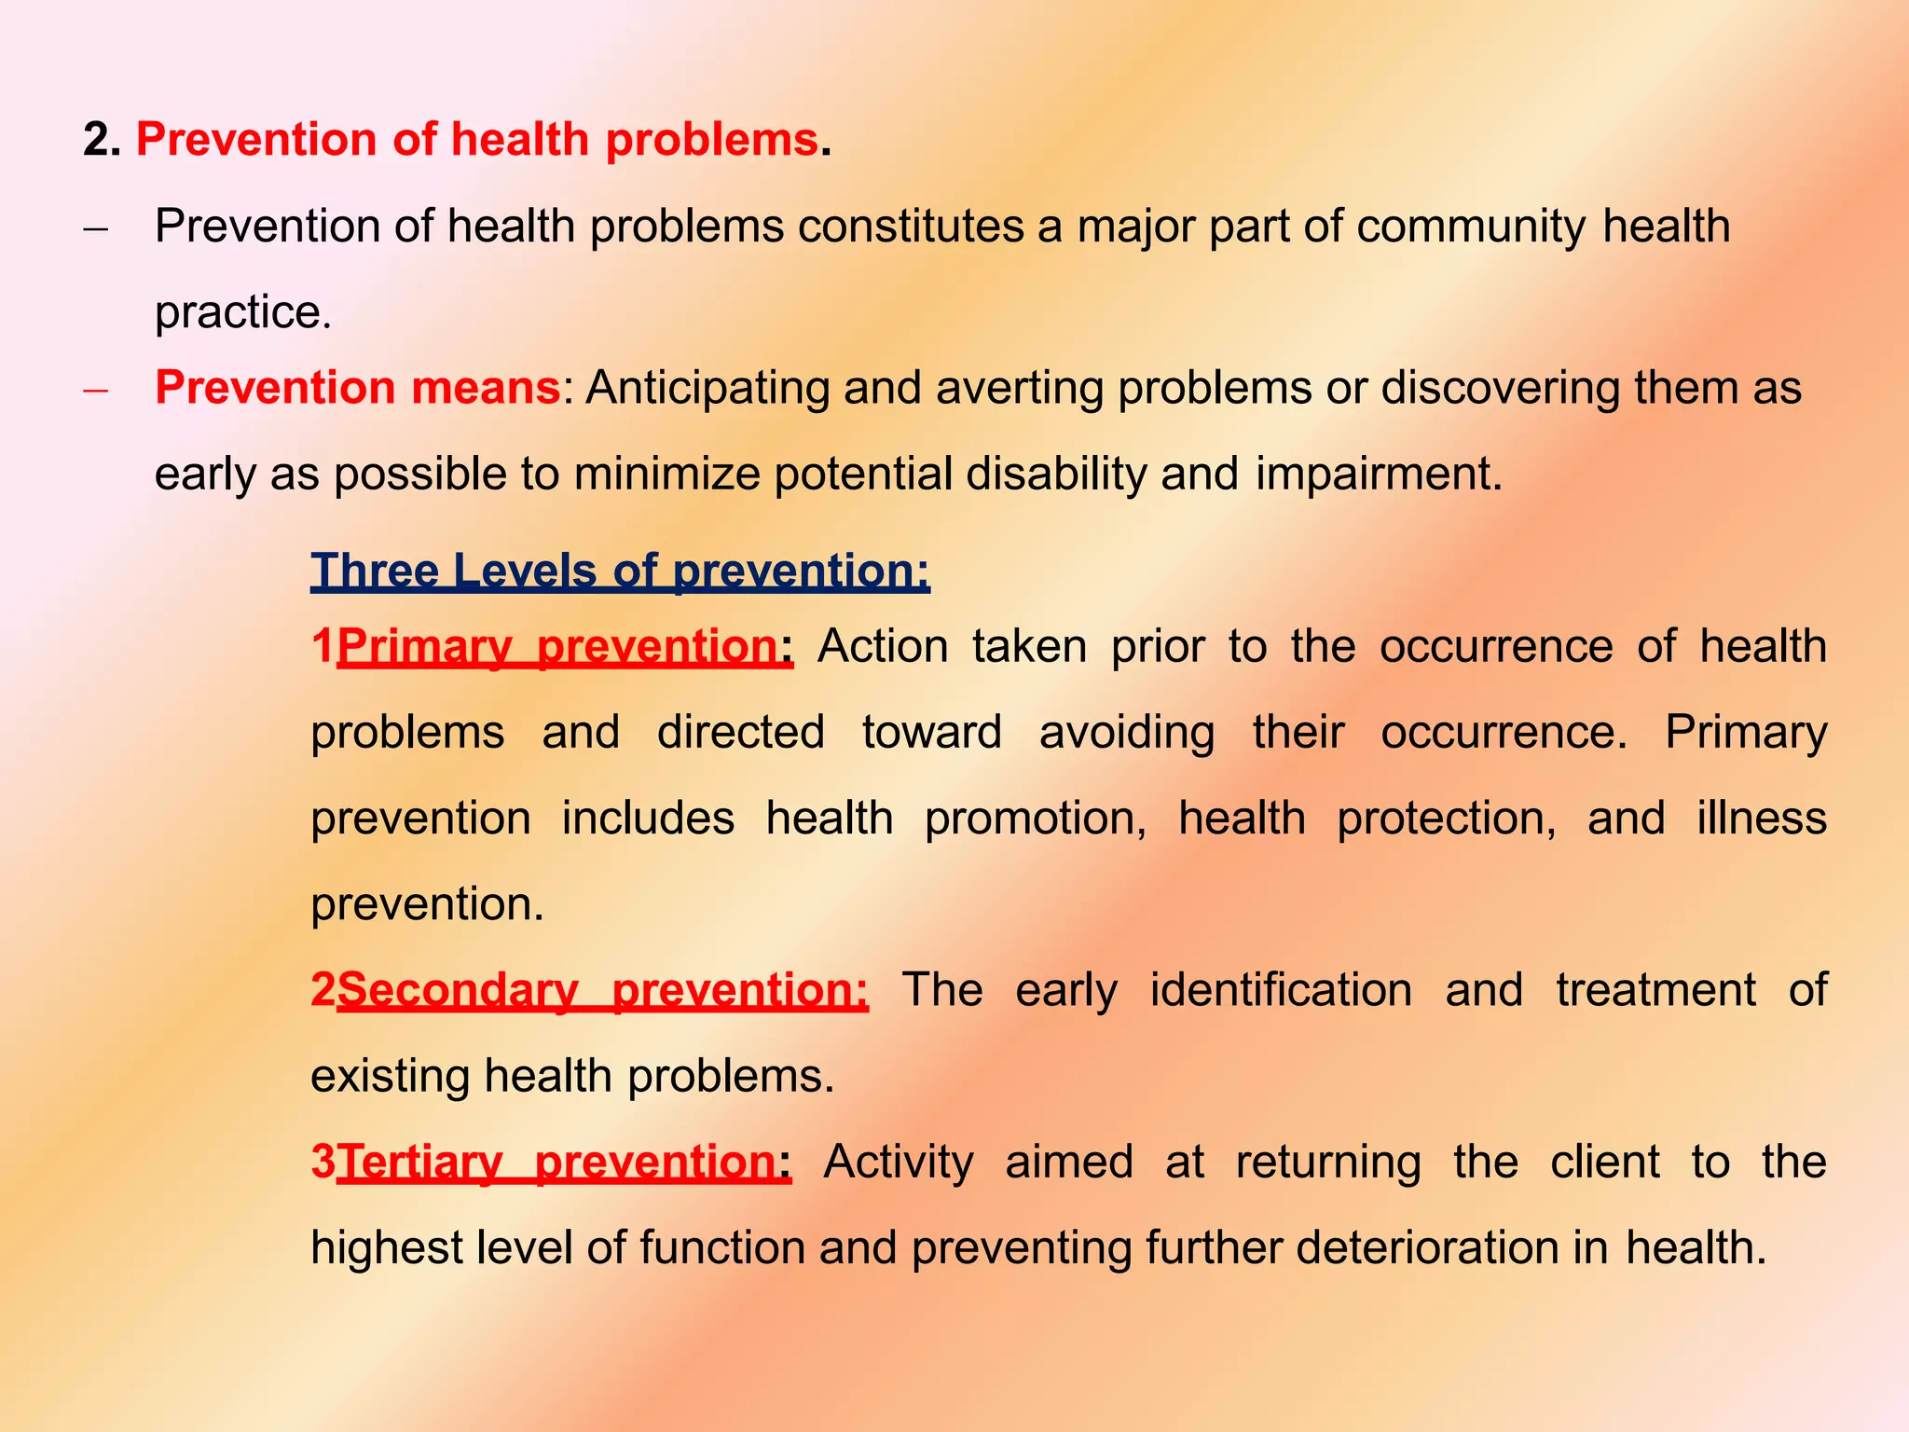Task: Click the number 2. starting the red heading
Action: [x=102, y=140]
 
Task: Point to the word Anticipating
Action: [x=707, y=388]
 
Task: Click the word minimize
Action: [x=666, y=474]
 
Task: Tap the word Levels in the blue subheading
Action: [x=524, y=571]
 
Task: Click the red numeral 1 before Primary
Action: [x=323, y=646]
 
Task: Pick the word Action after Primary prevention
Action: [x=883, y=646]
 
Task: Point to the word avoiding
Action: [x=1127, y=732]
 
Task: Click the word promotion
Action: [x=1035, y=819]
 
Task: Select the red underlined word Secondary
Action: [x=458, y=990]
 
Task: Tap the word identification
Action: [x=1281, y=990]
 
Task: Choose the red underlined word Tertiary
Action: [x=419, y=1163]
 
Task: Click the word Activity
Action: [x=898, y=1163]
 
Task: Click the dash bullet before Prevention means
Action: [x=96, y=390]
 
